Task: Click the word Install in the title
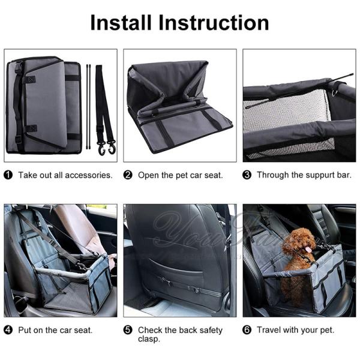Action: [x=121, y=23]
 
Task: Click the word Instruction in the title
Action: [x=214, y=23]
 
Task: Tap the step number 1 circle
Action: [x=8, y=175]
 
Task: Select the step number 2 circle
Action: [x=128, y=175]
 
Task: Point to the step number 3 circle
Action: [x=247, y=175]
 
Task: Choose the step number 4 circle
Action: [x=8, y=330]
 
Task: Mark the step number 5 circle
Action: [x=128, y=330]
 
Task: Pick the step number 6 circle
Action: [x=247, y=330]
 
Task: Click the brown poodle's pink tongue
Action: [x=309, y=250]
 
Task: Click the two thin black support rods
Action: [x=88, y=107]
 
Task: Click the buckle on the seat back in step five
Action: [x=193, y=289]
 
